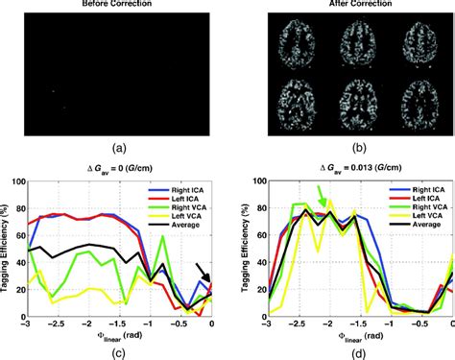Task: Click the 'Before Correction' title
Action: (114, 5)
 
